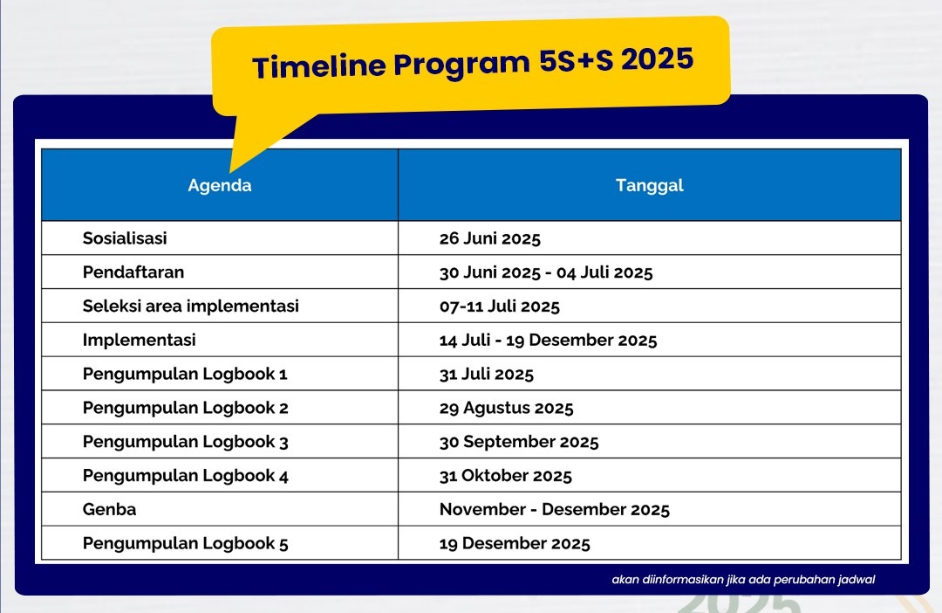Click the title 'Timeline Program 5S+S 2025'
(473, 63)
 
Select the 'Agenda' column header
(219, 185)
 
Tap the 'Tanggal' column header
(650, 185)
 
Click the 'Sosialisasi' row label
(125, 238)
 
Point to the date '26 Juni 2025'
(489, 238)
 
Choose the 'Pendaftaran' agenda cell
(133, 272)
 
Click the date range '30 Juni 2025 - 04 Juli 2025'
(545, 272)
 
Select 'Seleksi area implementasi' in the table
(190, 306)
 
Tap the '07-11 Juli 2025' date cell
(499, 306)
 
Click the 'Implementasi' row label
(139, 340)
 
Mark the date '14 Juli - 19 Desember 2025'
(548, 340)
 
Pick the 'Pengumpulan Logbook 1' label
(185, 375)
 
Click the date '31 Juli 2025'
(486, 375)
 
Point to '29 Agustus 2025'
(506, 408)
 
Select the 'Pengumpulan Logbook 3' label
(185, 442)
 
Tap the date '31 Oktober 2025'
(505, 476)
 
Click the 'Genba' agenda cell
(109, 510)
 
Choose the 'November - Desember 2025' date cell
(555, 510)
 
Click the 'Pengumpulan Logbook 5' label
(185, 544)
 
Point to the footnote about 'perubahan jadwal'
(743, 580)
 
